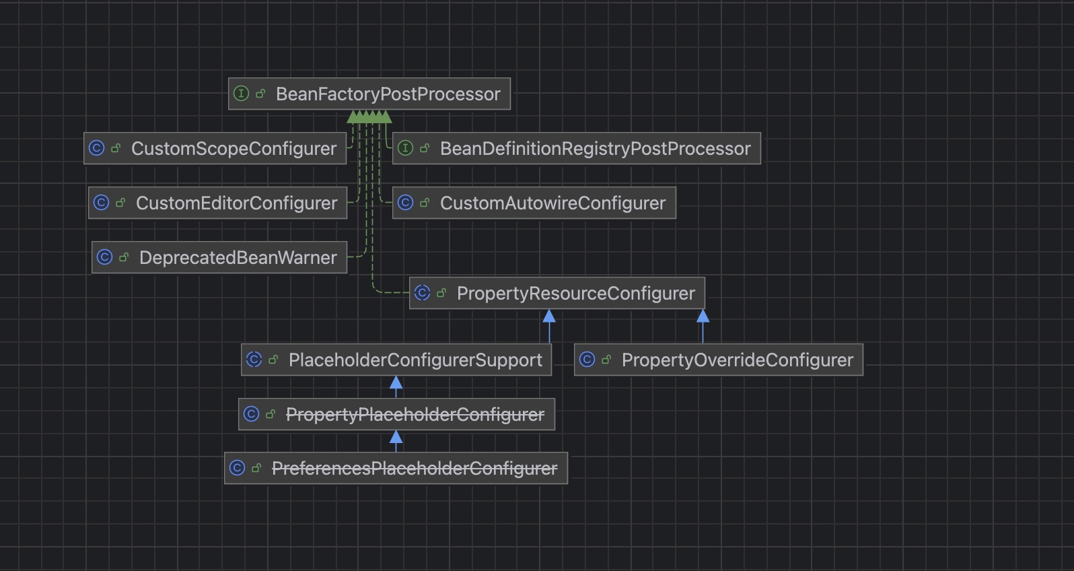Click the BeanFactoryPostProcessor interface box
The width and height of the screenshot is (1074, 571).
point(388,94)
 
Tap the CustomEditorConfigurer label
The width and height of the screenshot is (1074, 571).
point(236,203)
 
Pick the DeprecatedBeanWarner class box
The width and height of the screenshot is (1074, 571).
point(238,257)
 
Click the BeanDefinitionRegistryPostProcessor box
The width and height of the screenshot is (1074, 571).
point(595,148)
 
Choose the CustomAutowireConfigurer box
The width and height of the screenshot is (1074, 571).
point(552,203)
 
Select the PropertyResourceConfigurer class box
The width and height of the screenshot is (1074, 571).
point(575,293)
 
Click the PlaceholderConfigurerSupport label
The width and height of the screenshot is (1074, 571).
point(415,360)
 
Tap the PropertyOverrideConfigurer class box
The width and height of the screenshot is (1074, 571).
point(737,360)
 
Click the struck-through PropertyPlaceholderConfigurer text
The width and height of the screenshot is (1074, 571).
point(415,414)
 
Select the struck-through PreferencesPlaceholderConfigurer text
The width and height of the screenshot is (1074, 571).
point(414,468)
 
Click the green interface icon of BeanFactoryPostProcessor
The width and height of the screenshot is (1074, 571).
point(241,94)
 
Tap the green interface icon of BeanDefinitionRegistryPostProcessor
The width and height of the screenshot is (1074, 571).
point(405,148)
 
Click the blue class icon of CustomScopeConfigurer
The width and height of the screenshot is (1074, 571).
point(97,148)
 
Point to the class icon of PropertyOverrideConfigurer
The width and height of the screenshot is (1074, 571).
point(587,360)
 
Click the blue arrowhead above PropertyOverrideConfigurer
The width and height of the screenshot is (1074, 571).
point(703,316)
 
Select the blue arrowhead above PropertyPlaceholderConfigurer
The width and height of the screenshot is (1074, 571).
point(396,383)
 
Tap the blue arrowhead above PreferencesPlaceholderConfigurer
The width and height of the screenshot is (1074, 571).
point(396,438)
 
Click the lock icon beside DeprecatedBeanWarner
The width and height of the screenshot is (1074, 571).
point(124,257)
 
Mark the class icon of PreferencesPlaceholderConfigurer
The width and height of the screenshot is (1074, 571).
point(237,468)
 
